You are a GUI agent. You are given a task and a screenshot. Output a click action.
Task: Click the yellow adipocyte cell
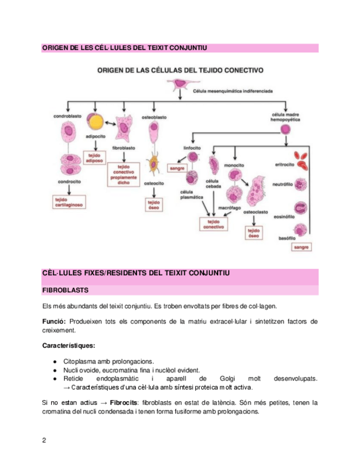pos(97,123)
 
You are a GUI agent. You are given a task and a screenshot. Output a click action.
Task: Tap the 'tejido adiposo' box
pos(97,157)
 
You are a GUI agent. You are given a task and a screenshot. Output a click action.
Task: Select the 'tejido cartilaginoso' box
pos(68,201)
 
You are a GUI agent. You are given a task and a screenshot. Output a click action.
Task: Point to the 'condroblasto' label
pos(68,117)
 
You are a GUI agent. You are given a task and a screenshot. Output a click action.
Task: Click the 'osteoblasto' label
pos(154,117)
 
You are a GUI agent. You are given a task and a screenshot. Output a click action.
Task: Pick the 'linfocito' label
pos(192,148)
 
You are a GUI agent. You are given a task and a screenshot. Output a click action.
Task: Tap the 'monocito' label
pos(234,164)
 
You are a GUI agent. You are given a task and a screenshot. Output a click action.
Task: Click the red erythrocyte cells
pos(302,160)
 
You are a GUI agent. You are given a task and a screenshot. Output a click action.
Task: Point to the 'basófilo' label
pos(287,238)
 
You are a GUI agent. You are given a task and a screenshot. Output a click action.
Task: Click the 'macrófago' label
pos(229,208)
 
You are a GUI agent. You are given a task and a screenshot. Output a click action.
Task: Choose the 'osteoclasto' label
pos(254,211)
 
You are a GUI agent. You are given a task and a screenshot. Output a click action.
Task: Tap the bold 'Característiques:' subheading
pos(68,346)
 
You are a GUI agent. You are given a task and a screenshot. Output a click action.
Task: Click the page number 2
pos(45,441)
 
